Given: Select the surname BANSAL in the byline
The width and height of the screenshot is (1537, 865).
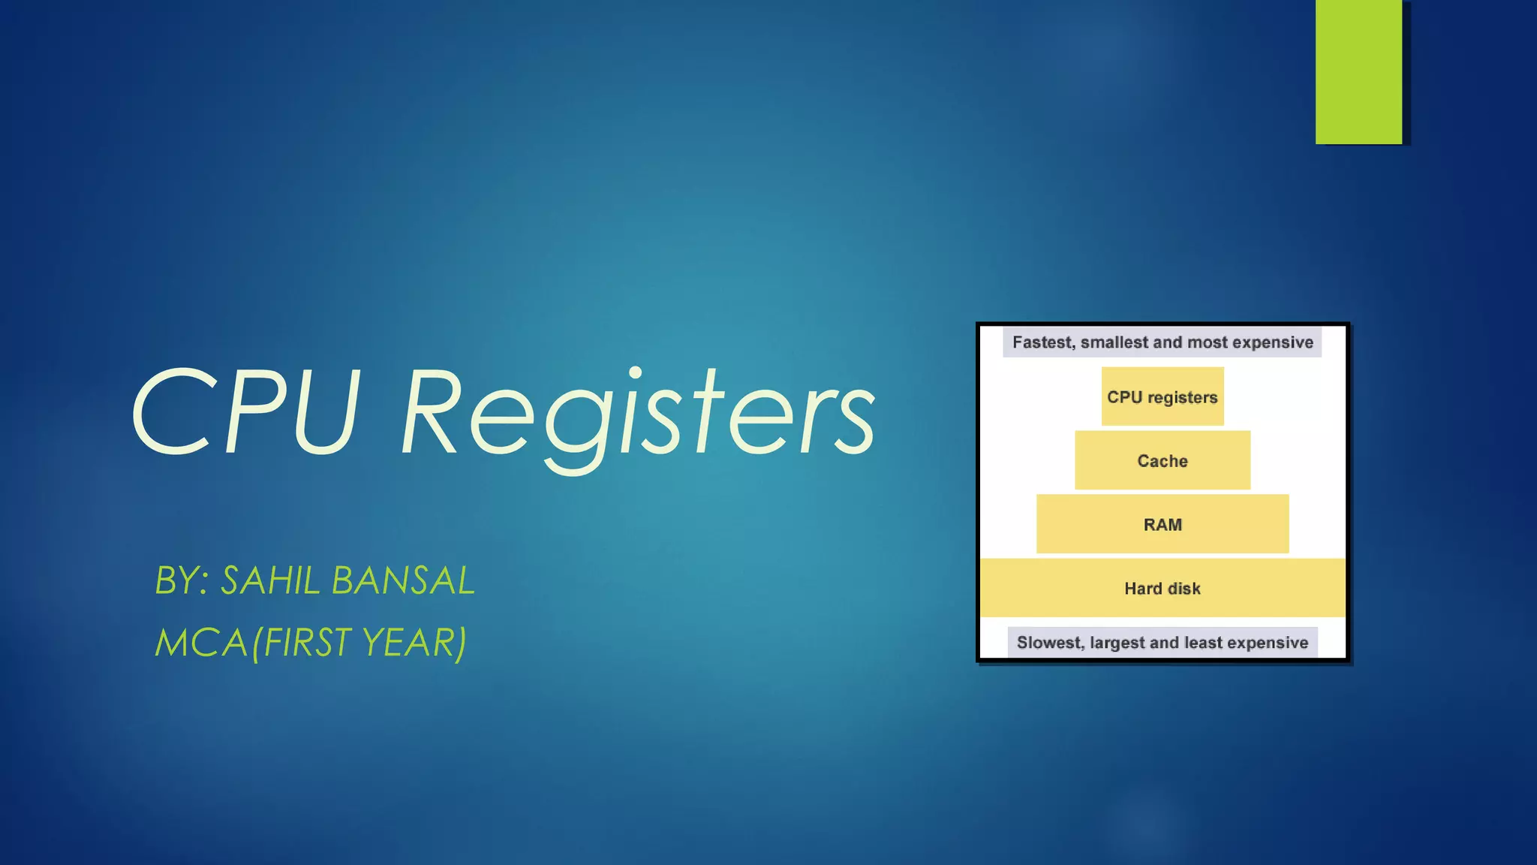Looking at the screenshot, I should click(403, 580).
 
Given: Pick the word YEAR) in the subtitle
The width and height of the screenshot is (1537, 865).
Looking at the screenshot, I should click(414, 643).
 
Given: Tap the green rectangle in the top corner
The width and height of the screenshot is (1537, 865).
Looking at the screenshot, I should click(1358, 71).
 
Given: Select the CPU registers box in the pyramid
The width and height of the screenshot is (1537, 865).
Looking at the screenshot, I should click(1163, 396).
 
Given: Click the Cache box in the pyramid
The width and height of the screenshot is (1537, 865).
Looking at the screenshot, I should click(1163, 460).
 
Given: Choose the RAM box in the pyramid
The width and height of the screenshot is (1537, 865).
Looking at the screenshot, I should click(1163, 524).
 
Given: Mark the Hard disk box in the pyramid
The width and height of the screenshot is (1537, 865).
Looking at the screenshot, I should click(1163, 588).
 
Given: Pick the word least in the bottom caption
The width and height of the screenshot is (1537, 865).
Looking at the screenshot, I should click(1203, 643).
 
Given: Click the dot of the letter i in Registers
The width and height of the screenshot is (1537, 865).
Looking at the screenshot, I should click(635, 373).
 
